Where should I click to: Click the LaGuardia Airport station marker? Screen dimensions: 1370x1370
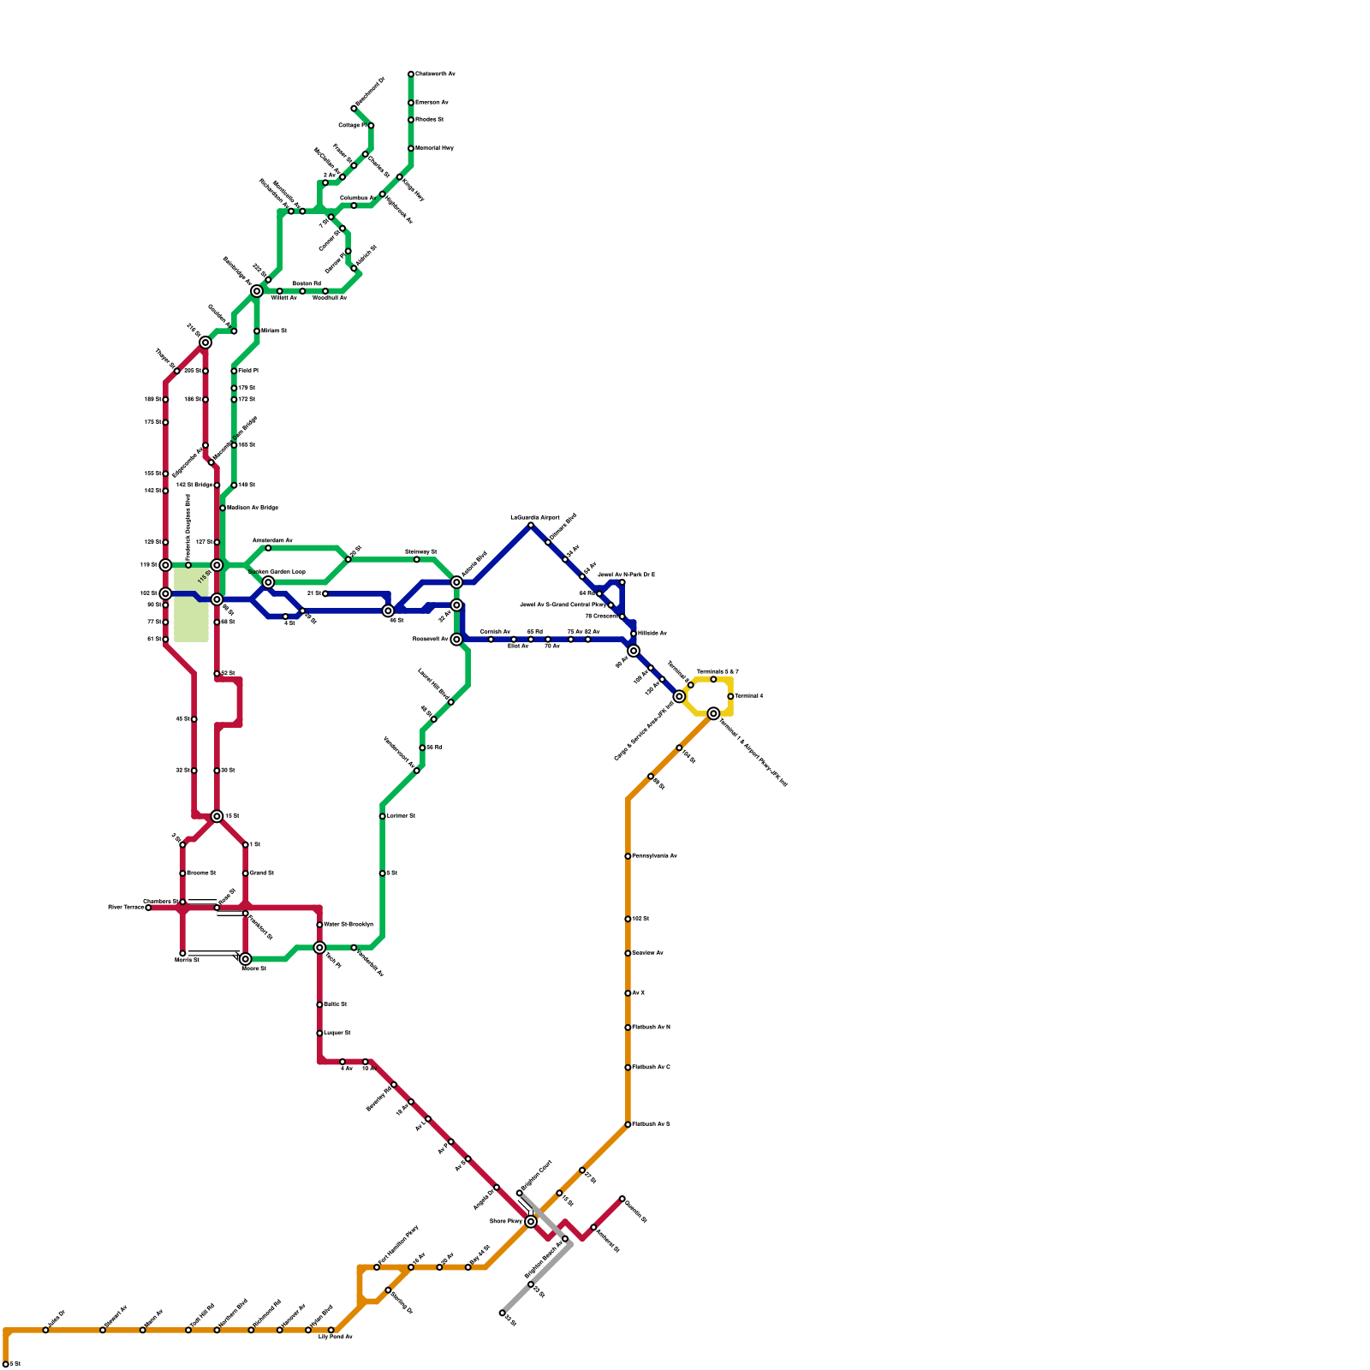pyautogui.click(x=531, y=525)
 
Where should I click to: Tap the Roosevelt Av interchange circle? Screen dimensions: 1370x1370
pyautogui.click(x=456, y=640)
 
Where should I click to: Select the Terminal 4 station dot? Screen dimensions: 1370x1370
pyautogui.click(x=730, y=696)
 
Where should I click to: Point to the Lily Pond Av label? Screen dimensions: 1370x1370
pyautogui.click(x=336, y=1337)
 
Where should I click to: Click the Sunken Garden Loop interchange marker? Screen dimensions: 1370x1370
pyautogui.click(x=268, y=582)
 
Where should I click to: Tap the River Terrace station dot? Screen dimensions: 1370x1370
pyautogui.click(x=148, y=908)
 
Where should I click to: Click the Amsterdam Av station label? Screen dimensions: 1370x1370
pyautogui.click(x=272, y=540)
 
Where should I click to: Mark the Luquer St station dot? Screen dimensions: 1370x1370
pyautogui.click(x=319, y=1033)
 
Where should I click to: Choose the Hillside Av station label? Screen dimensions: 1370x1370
pyautogui.click(x=652, y=633)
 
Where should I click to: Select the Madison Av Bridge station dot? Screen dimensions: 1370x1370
pyautogui.click(x=223, y=508)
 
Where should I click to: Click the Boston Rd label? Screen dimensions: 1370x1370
pyautogui.click(x=307, y=283)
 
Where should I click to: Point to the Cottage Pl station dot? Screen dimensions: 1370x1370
pyautogui.click(x=371, y=126)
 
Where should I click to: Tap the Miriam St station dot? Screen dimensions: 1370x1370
pyautogui.click(x=257, y=331)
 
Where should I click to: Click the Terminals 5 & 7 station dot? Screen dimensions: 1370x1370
pyautogui.click(x=713, y=679)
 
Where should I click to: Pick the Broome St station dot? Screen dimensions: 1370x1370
pyautogui.click(x=182, y=873)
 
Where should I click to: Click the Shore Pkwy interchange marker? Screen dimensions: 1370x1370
pyautogui.click(x=531, y=1221)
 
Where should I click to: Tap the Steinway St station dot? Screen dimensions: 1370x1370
pyautogui.click(x=417, y=559)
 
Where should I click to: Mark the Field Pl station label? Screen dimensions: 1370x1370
pyautogui.click(x=247, y=371)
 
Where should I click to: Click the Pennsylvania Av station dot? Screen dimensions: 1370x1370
pyautogui.click(x=628, y=856)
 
